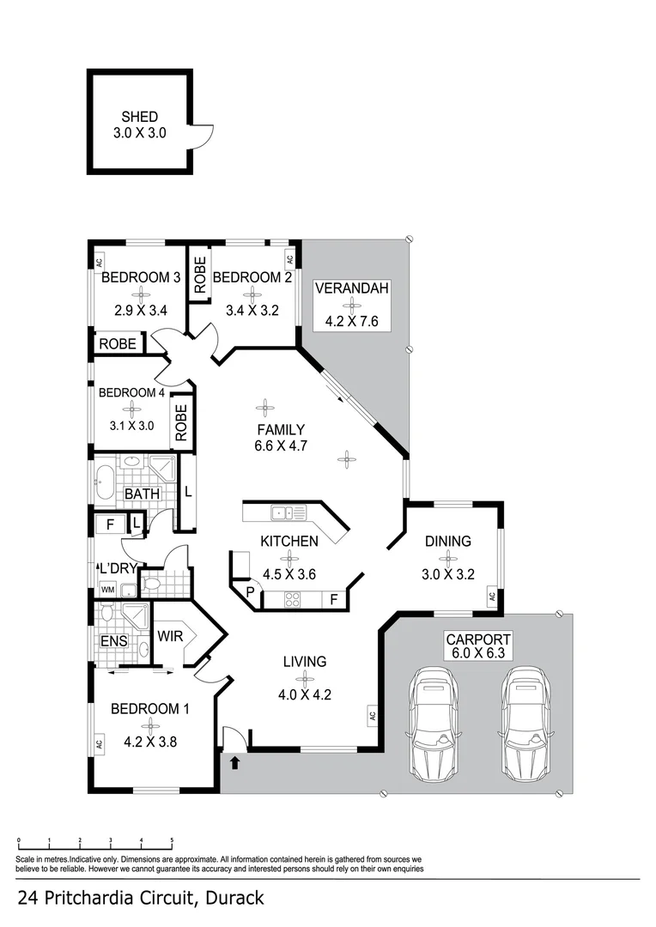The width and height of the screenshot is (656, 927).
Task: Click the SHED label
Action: click(139, 117)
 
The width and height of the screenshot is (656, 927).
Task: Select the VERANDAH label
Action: click(352, 288)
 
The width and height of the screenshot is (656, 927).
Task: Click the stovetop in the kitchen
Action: click(292, 600)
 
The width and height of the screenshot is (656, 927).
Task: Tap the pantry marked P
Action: click(249, 593)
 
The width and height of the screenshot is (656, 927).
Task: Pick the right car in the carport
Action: click(525, 710)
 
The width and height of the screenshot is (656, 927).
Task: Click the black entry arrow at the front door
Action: click(234, 761)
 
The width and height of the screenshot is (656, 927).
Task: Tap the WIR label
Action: click(168, 636)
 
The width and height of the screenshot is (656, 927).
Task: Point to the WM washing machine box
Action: click(107, 590)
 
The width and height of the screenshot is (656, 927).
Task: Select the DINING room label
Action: click(447, 541)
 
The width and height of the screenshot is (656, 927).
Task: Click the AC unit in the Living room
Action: click(373, 714)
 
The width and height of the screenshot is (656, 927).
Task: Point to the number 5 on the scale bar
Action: click(172, 841)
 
